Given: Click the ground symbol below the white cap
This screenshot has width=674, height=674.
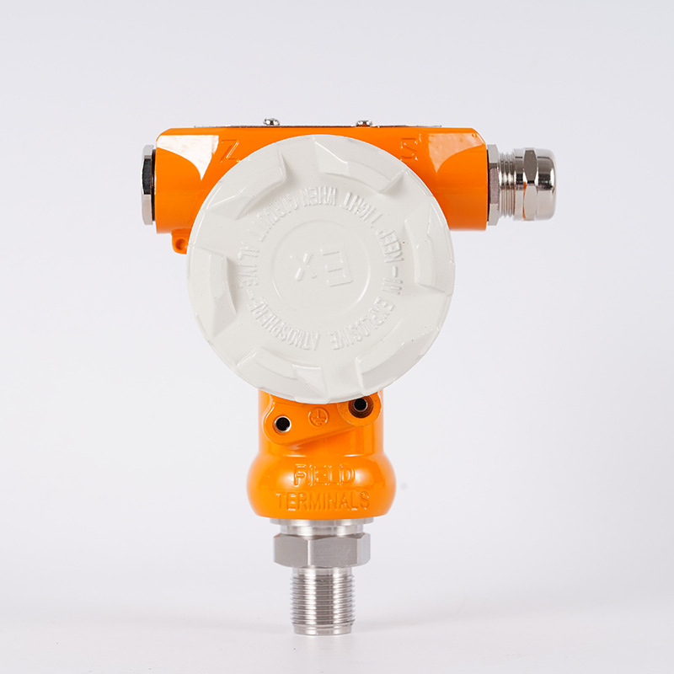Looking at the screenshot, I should (318, 416).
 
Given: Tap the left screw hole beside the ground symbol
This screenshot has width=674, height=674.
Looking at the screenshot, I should (282, 424).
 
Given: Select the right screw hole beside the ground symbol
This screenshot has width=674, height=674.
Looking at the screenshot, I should (360, 406).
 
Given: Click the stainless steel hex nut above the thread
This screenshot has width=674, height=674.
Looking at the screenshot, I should (321, 548).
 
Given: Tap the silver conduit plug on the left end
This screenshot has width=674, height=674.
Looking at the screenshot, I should (148, 185).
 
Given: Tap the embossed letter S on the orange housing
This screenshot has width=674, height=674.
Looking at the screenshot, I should (409, 150).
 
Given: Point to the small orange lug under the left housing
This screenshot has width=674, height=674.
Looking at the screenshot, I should (179, 243).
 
